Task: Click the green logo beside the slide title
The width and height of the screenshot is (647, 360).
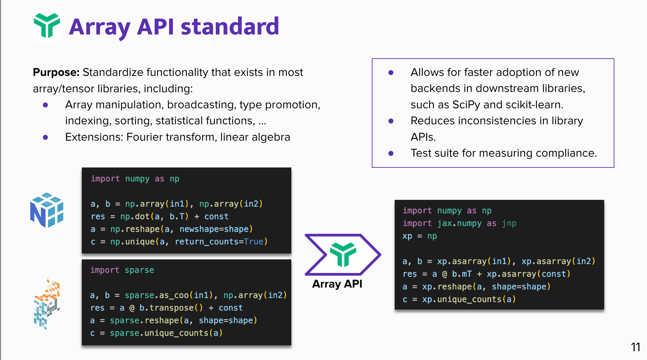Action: [x=47, y=25]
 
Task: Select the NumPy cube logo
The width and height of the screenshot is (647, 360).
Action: [x=47, y=210]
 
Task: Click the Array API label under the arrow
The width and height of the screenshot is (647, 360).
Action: [x=337, y=284]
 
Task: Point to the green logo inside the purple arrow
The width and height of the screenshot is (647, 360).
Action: [x=343, y=255]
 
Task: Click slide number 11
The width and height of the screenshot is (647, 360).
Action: [x=635, y=347]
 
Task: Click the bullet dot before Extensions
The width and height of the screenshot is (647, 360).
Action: [x=45, y=138]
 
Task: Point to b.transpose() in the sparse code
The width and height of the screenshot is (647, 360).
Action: [x=171, y=308]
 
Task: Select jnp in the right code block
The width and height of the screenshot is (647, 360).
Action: [x=509, y=224]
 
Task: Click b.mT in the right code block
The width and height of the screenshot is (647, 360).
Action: [x=461, y=274]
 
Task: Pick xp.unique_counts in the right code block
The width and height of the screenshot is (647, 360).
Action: [x=462, y=299]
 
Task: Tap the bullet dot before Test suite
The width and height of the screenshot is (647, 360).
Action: [x=391, y=154]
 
